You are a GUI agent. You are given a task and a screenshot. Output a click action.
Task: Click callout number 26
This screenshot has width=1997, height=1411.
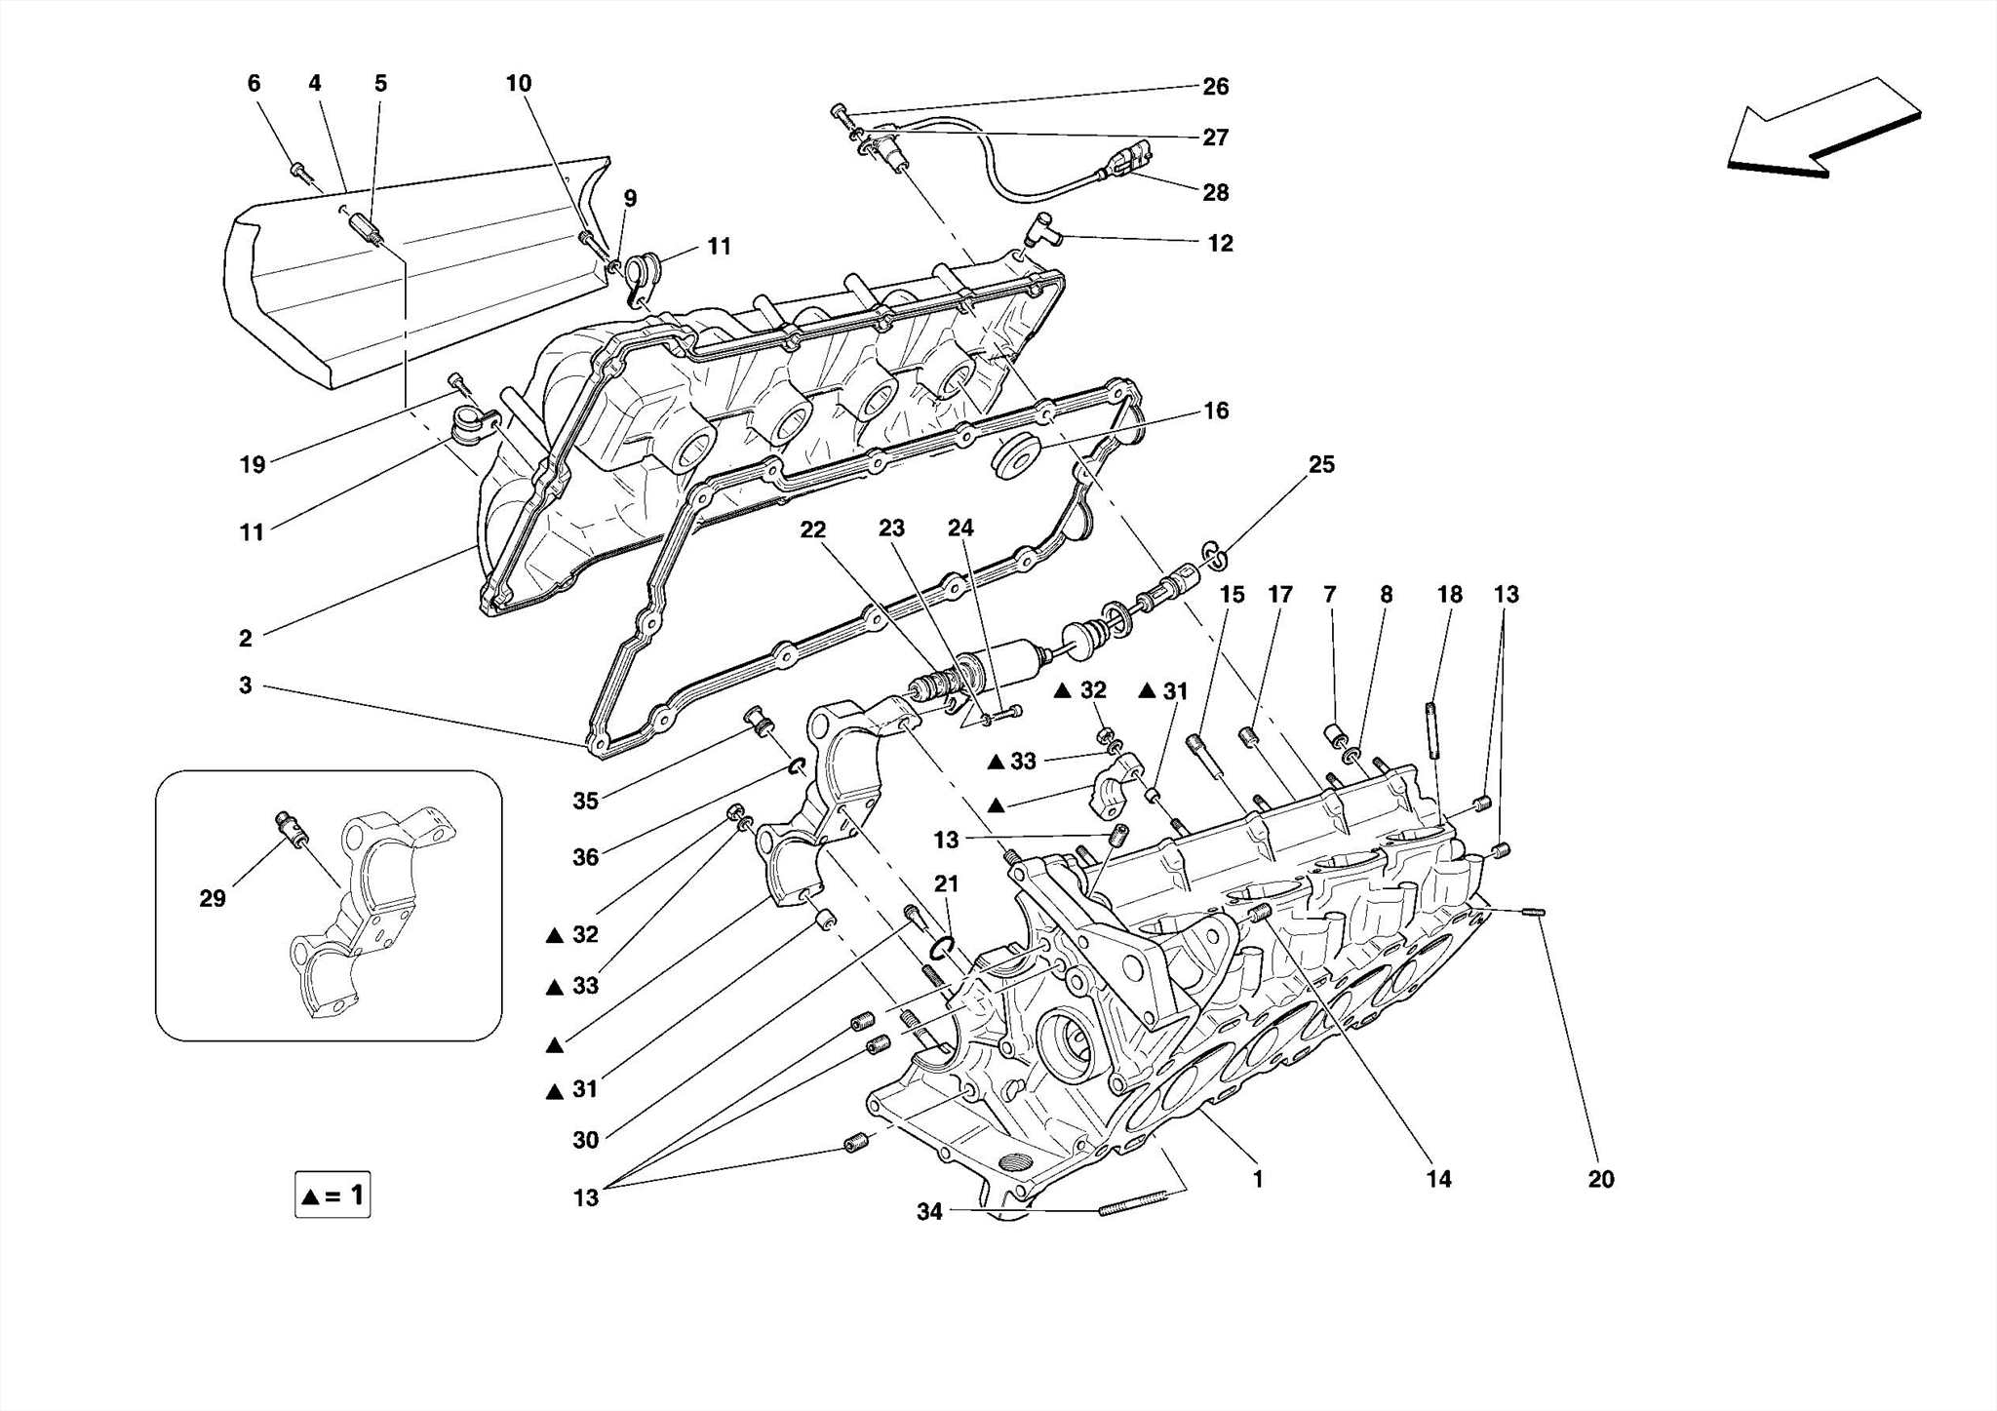pyautogui.click(x=1215, y=87)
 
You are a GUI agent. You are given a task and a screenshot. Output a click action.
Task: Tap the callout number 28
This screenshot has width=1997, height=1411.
pyautogui.click(x=1215, y=192)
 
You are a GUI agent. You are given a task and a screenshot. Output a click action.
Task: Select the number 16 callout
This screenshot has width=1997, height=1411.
pyautogui.click(x=1215, y=411)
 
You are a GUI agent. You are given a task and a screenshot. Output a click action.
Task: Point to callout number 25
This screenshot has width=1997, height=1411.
pyautogui.click(x=1320, y=464)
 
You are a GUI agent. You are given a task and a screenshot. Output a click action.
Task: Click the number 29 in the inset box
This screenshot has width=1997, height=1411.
pyautogui.click(x=213, y=898)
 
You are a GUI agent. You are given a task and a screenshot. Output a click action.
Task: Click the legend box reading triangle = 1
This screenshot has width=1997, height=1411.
pyautogui.click(x=333, y=1195)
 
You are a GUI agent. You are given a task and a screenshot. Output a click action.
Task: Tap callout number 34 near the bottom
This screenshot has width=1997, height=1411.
pyautogui.click(x=929, y=1211)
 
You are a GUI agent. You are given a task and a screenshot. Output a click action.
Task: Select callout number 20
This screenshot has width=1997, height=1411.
pyautogui.click(x=1600, y=1179)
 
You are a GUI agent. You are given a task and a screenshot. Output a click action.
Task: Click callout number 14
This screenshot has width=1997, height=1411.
pyautogui.click(x=1438, y=1179)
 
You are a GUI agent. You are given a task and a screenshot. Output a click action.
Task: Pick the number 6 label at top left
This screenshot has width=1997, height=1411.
pyautogui.click(x=254, y=83)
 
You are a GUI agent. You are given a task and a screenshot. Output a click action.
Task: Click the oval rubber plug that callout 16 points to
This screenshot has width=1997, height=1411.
pyautogui.click(x=1014, y=458)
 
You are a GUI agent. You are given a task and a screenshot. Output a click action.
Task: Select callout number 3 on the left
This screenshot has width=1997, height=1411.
pyautogui.click(x=245, y=686)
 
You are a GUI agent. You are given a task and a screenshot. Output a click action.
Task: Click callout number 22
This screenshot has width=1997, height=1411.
pyautogui.click(x=812, y=529)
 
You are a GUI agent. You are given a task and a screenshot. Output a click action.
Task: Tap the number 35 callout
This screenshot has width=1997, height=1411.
pyautogui.click(x=585, y=801)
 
